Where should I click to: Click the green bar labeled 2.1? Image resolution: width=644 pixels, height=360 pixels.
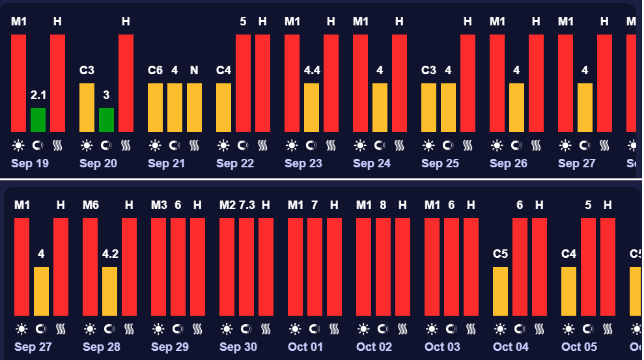[x=38, y=120]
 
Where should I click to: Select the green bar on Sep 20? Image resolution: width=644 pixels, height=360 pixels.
[x=106, y=120]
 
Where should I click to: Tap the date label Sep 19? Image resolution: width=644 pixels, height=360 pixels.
[x=30, y=163]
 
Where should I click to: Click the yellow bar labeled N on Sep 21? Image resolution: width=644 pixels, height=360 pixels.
[x=194, y=107]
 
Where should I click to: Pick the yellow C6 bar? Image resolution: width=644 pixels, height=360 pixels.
[x=155, y=107]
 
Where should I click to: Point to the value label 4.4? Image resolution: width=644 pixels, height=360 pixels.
[x=312, y=70]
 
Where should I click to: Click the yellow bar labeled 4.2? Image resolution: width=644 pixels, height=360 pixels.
[x=109, y=291]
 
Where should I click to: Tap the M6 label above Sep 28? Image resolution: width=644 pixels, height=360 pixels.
[x=91, y=205]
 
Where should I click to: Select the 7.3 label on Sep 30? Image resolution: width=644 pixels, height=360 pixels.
[x=247, y=205]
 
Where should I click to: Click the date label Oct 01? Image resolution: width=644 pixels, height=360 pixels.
[x=305, y=347]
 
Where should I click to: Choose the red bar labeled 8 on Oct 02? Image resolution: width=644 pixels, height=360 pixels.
[x=383, y=267]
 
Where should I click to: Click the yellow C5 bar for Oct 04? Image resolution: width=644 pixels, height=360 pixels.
[x=500, y=291]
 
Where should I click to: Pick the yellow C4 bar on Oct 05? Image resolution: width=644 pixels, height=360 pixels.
[x=568, y=291]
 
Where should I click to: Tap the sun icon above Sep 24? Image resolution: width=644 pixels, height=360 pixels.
[x=360, y=145]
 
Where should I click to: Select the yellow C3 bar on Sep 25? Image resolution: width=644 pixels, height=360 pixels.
[x=428, y=107]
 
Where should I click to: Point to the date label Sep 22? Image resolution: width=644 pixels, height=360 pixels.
[x=235, y=163]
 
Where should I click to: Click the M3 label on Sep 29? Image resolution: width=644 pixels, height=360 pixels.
[x=159, y=205]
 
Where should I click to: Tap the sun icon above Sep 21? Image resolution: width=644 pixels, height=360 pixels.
[x=155, y=145]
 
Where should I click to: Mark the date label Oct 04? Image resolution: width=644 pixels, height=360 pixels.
[x=511, y=347]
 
